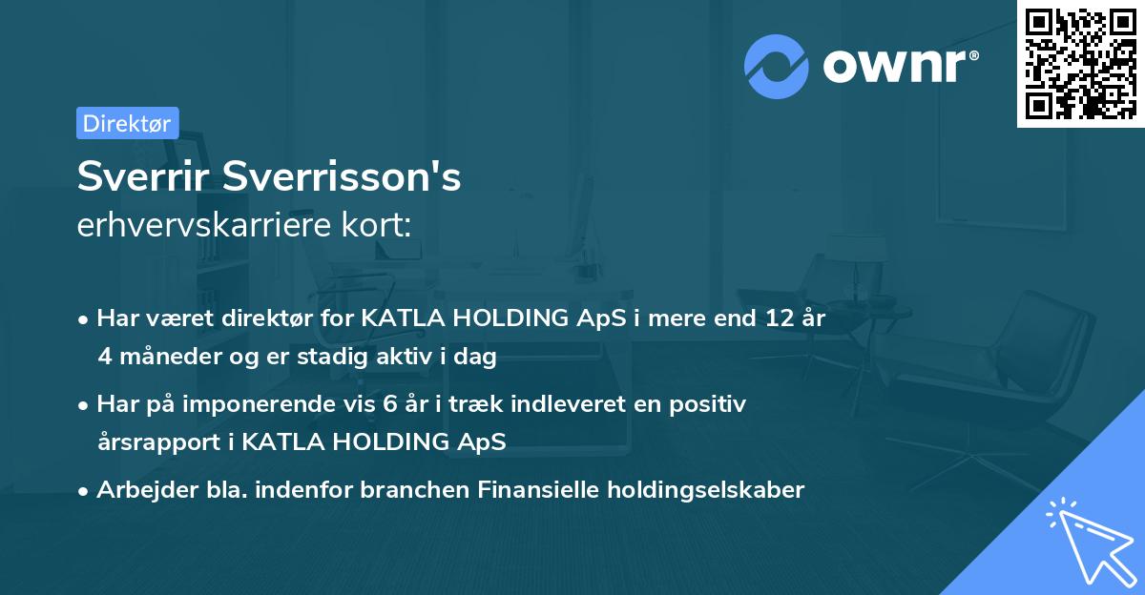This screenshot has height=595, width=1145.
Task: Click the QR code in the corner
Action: click(1081, 64)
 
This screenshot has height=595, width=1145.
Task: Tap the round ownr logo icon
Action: click(777, 66)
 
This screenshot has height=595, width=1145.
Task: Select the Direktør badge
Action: click(127, 123)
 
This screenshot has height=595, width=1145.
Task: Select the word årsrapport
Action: click(152, 442)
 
